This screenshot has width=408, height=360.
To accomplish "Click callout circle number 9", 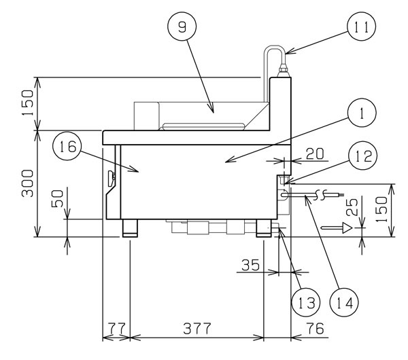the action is click(x=182, y=26).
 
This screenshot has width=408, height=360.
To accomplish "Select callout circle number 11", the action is click(x=362, y=26).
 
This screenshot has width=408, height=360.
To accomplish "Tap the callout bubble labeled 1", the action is click(x=362, y=113).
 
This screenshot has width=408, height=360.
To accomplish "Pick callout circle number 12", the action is click(x=362, y=156).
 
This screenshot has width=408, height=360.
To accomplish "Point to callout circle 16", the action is click(x=67, y=146).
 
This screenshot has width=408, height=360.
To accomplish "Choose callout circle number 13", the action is click(x=306, y=302).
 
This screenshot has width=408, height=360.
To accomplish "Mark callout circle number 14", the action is click(x=344, y=302).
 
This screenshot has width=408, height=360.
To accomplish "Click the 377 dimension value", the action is click(x=197, y=329).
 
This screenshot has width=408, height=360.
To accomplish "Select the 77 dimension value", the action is click(x=116, y=329).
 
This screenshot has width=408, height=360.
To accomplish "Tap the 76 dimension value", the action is click(x=315, y=329).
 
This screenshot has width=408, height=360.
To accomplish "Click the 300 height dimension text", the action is click(x=28, y=183).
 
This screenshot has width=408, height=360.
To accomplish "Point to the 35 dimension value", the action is click(x=250, y=265).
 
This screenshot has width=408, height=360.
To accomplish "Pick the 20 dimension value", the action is click(x=315, y=154).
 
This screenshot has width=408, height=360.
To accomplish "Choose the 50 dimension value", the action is click(x=58, y=198).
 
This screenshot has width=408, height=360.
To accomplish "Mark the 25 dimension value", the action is click(x=352, y=207).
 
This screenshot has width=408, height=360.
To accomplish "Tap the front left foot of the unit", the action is click(x=130, y=228).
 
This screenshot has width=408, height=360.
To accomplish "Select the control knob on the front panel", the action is click(x=112, y=178).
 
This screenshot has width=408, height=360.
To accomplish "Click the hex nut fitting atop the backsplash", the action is click(x=283, y=69).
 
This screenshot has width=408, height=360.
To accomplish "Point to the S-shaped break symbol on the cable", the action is click(x=320, y=195).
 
